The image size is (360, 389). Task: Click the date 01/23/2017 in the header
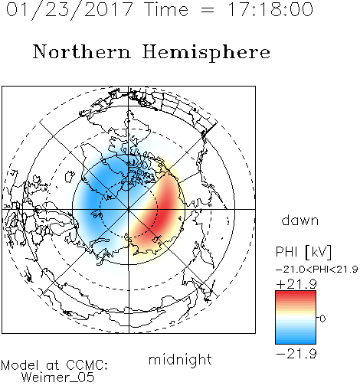tap(69, 10)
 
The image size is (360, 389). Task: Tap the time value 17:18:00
tap(270, 9)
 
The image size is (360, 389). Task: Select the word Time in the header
tap(166, 9)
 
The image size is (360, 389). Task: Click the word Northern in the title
tap(82, 51)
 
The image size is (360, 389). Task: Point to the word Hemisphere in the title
tap(206, 53)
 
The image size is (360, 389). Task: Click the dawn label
tap(300, 220)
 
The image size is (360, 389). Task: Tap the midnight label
tap(180, 359)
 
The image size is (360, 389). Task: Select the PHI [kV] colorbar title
tap(303, 252)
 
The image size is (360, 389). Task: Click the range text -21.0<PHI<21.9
tap(317, 270)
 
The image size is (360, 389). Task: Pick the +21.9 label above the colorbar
tap(296, 284)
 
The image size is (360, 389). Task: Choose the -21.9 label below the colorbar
tap(296, 354)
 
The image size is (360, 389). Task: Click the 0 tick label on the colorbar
tap(322, 319)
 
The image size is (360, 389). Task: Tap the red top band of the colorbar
tap(296, 295)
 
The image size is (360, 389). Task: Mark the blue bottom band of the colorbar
tap(296, 340)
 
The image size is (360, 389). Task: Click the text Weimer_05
tap(58, 377)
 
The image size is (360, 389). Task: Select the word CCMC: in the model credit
tap(87, 365)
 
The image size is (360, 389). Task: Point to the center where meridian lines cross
tap(129, 209)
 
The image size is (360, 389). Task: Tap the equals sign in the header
tap(208, 11)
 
